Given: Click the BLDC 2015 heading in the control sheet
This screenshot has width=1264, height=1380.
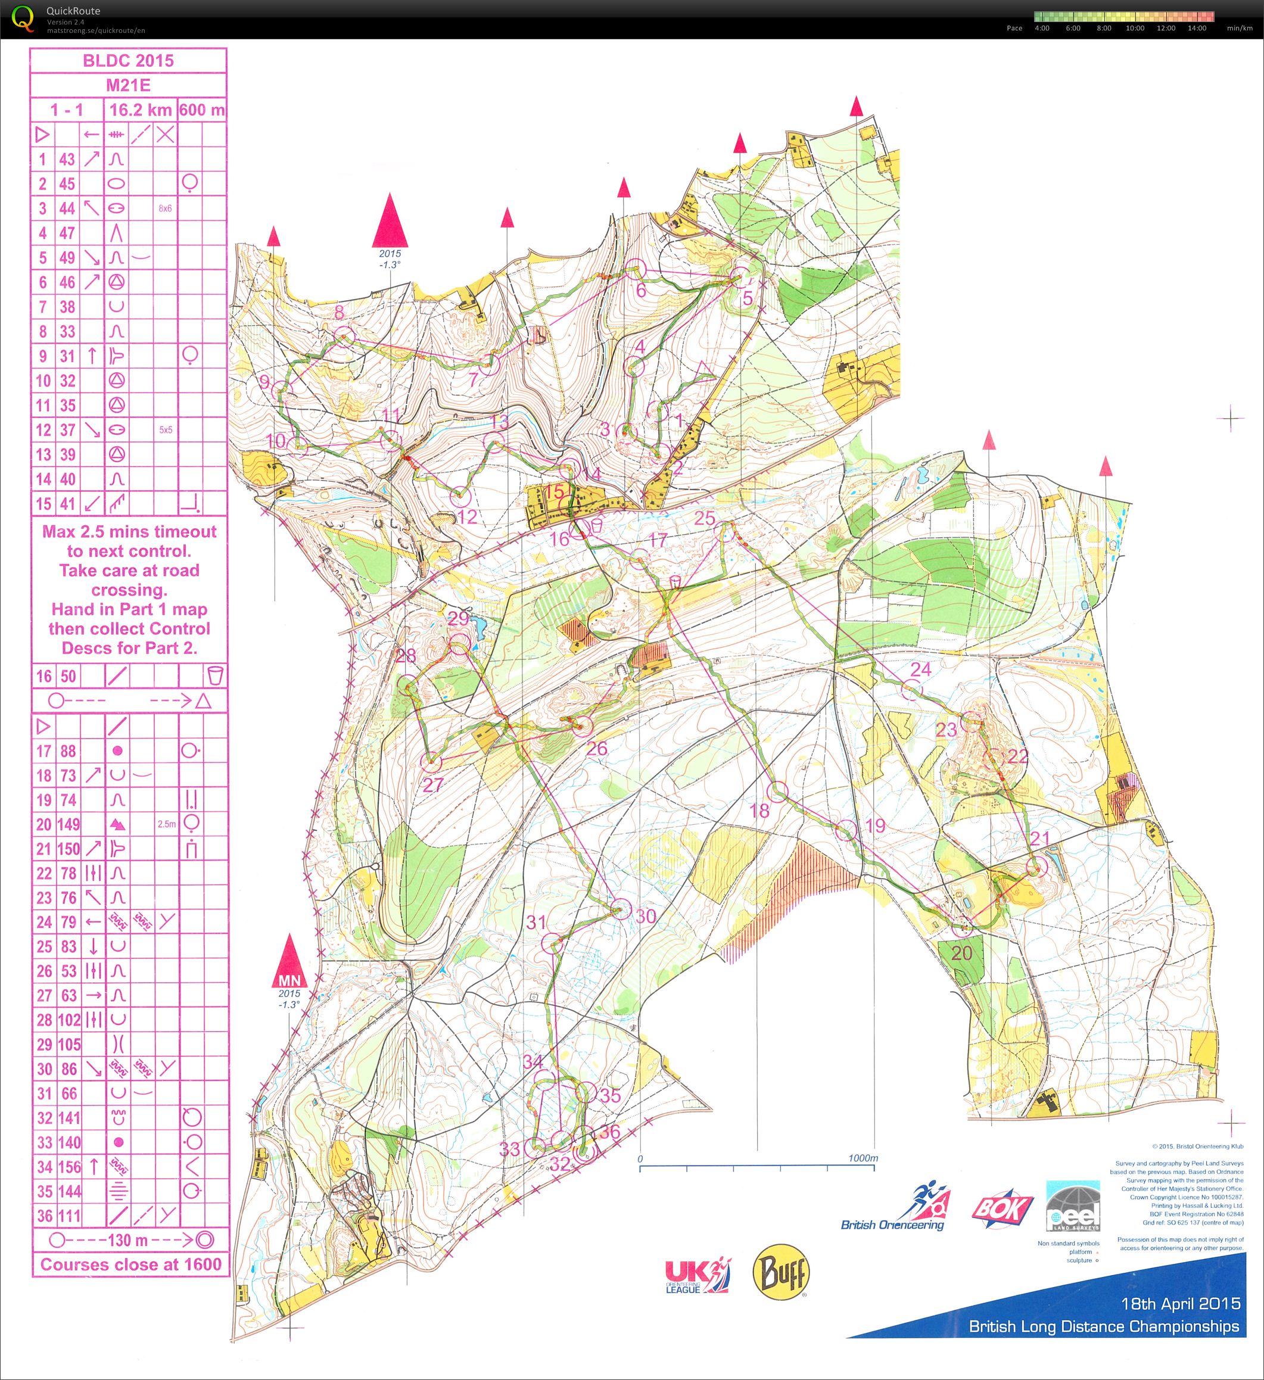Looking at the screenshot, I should [128, 60].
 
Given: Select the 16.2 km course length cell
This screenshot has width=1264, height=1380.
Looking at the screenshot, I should [141, 110].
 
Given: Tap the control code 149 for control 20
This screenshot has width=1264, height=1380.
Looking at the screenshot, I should [68, 824].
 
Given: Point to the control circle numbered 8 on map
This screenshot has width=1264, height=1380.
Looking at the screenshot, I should [344, 335].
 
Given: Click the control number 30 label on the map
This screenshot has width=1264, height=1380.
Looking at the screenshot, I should [646, 916].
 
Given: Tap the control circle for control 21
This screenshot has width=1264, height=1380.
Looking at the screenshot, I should [1038, 867].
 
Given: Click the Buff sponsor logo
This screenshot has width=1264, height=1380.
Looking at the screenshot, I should [780, 1271].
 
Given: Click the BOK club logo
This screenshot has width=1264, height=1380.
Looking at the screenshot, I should [1002, 1209].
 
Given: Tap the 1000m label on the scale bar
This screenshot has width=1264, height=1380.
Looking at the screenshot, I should [863, 1158].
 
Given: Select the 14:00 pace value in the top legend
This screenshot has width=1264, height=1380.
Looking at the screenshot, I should [1197, 28].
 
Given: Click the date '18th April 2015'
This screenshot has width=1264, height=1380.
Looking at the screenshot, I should [1180, 1303].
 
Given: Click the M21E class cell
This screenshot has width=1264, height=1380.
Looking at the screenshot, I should [128, 86].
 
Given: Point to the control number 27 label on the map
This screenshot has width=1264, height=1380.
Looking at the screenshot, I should [432, 784].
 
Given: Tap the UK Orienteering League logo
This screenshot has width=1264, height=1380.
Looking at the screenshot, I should [697, 1275].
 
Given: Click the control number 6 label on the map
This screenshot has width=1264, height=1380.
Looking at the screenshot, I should [641, 290].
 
